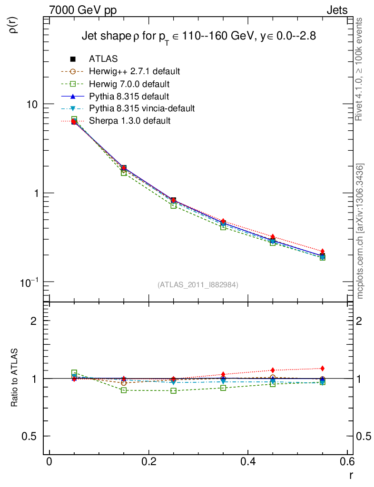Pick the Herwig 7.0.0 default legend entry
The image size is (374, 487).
click(x=129, y=84)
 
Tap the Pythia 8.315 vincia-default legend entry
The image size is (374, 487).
click(x=141, y=108)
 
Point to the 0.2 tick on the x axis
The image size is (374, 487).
click(x=149, y=461)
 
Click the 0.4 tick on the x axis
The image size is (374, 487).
click(x=248, y=461)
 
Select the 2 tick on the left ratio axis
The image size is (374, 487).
click(x=34, y=321)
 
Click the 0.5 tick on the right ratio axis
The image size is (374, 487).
click(x=364, y=436)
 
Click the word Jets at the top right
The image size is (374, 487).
click(x=336, y=10)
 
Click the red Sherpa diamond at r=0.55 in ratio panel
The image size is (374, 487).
click(x=323, y=368)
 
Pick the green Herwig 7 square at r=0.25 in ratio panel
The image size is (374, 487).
click(x=174, y=391)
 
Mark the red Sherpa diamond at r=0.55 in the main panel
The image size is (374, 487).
click(x=323, y=251)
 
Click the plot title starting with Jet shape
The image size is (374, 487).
click(x=198, y=36)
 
